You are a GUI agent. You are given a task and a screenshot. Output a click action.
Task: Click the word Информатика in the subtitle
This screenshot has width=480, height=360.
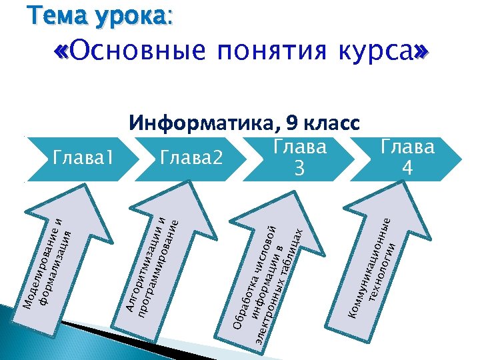click(x=204, y=123)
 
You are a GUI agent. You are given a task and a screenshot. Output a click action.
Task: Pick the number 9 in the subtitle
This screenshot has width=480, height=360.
click(x=291, y=123)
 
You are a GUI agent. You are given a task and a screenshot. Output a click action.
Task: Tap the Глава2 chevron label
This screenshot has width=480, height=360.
click(x=191, y=157)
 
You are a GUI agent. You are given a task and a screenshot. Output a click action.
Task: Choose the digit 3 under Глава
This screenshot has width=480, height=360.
click(x=301, y=170)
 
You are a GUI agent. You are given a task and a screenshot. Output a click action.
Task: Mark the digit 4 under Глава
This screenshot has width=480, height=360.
click(x=407, y=170)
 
